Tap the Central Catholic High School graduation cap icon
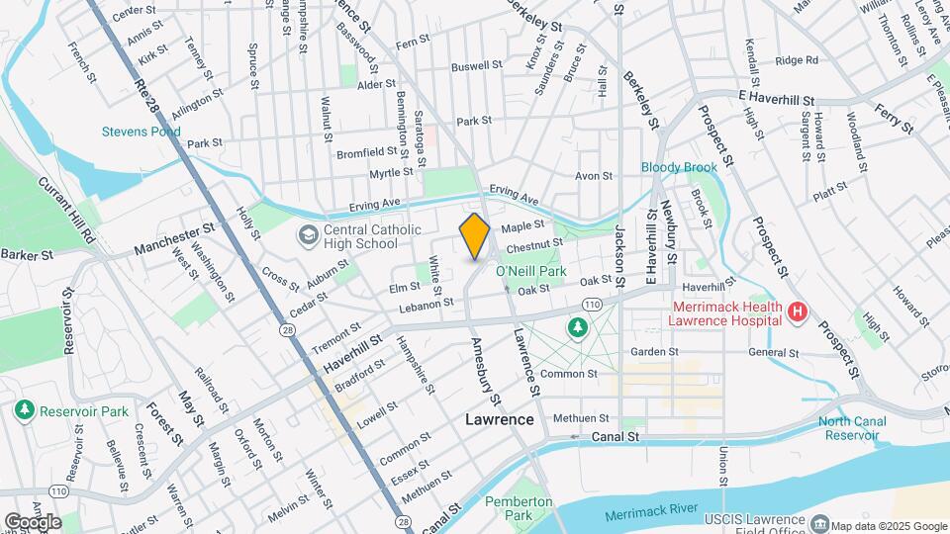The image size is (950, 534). (309, 235)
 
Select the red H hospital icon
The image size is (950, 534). (798, 313)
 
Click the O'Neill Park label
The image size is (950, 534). (530, 270)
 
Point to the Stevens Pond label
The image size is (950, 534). (142, 131)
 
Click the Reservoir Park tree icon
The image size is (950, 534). (25, 410)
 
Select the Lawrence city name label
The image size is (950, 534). (500, 419)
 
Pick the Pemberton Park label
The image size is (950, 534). (519, 508)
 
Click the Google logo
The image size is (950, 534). (33, 522)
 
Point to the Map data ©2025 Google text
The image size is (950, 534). (888, 526)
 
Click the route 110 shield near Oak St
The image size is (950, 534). (593, 303)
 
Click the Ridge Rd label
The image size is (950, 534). (797, 60)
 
